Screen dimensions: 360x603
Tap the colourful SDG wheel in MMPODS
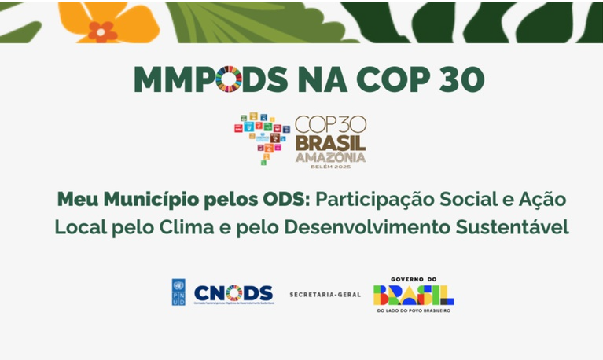click(x=229, y=79)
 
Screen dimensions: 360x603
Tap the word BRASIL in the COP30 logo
click(x=330, y=143)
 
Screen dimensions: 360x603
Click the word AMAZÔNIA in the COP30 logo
click(x=330, y=156)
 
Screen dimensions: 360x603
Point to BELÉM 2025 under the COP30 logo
click(x=330, y=167)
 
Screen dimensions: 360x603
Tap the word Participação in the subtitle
click(x=368, y=199)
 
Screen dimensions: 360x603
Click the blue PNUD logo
click(x=178, y=292)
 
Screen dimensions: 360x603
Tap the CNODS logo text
click(x=233, y=292)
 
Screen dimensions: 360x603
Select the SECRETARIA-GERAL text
click(x=325, y=294)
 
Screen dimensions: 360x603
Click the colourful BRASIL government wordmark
click(x=413, y=295)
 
